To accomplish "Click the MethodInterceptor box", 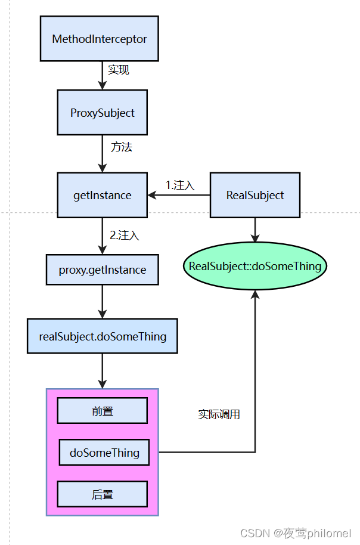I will tap(100, 39).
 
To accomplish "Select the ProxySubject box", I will tap(102, 112).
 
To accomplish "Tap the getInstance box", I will tap(102, 195).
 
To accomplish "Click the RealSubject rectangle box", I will tap(255, 195).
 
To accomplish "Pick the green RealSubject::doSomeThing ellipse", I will tap(255, 266).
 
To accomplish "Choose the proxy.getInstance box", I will tap(102, 270).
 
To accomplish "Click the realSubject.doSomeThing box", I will tap(102, 336).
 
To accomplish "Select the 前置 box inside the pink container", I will tap(102, 410).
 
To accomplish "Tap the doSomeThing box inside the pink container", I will tap(104, 453).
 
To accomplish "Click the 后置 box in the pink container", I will tap(102, 494).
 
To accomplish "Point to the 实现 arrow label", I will tap(119, 70).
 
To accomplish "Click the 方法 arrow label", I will tap(121, 147).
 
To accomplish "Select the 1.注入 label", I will tap(180, 185).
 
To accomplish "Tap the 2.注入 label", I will tap(125, 235).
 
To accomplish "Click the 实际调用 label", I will tap(219, 414).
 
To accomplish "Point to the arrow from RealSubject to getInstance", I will tap(179, 195).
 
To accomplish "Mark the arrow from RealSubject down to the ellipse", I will tap(255, 230).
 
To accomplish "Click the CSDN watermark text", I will tap(296, 533).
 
